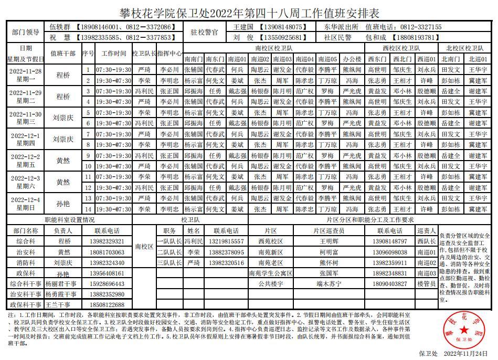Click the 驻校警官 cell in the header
205,32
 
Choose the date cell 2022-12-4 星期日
26,204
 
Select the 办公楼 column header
352,59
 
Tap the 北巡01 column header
478,59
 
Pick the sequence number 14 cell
89,209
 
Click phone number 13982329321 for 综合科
106,242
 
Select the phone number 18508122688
106,305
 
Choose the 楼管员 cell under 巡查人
427,284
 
